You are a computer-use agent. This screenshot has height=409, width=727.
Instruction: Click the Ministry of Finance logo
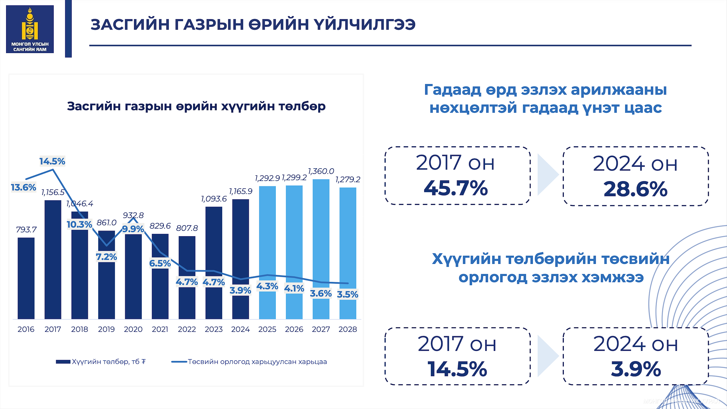30,29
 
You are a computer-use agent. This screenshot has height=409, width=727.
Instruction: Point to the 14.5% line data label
52,161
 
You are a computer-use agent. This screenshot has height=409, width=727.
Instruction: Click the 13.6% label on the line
23,188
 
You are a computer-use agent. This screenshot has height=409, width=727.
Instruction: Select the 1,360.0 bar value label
321,171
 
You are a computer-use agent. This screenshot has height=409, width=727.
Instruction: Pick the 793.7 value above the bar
26,230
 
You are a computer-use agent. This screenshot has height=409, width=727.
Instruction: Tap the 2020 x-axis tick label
133,329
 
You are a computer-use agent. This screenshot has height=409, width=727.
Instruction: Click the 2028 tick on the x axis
347,329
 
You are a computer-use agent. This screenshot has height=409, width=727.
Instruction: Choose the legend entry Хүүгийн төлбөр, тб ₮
102,362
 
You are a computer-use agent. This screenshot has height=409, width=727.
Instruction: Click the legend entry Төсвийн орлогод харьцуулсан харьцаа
250,362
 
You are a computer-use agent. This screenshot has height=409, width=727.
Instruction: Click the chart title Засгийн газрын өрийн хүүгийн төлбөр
196,106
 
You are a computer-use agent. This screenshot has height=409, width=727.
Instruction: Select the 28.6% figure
635,189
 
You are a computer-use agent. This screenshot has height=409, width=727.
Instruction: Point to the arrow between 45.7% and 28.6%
547,175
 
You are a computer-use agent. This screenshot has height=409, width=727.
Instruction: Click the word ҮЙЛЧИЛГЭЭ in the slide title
364,25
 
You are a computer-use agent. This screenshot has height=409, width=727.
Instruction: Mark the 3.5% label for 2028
347,294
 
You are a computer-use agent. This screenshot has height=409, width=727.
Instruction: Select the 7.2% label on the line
106,257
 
